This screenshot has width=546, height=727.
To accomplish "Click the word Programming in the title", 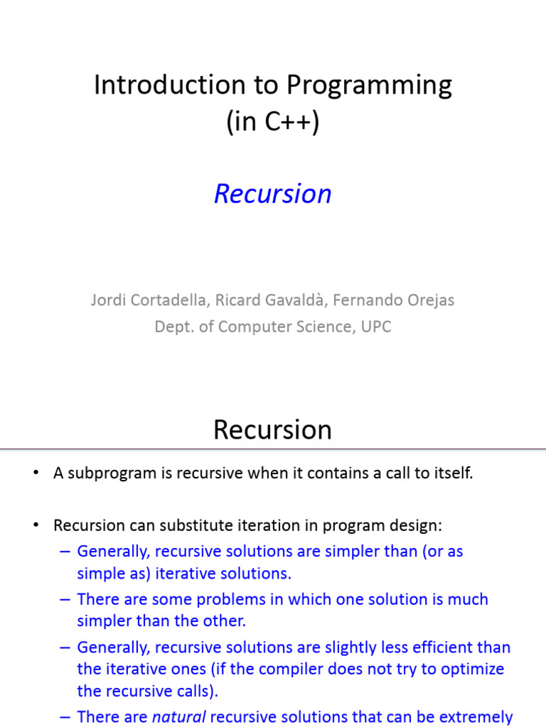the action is pyautogui.click(x=369, y=86).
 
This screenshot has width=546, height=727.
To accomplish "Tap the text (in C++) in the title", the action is pyautogui.click(x=273, y=122).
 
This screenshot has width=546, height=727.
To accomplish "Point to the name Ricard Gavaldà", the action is pyautogui.click(x=271, y=300).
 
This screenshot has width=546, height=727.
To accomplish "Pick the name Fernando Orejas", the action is pyautogui.click(x=394, y=300).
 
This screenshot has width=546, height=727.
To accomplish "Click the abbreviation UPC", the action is pyautogui.click(x=376, y=327).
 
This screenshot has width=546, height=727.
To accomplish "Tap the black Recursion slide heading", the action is pyautogui.click(x=272, y=430).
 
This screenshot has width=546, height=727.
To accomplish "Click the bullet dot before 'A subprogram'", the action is pyautogui.click(x=36, y=473).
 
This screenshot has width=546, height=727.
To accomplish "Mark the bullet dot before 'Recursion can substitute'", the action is pyautogui.click(x=36, y=525).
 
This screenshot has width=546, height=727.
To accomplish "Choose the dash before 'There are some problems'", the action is pyautogui.click(x=65, y=599).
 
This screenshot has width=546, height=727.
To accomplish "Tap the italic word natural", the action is pyautogui.click(x=178, y=717).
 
